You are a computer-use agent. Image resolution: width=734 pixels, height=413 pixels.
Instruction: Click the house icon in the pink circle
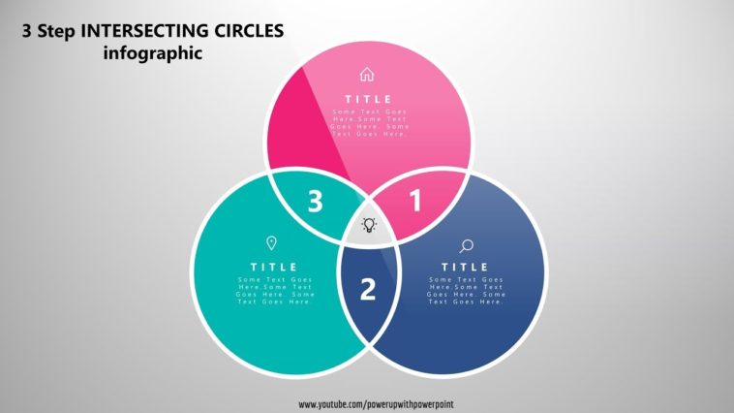(366, 75)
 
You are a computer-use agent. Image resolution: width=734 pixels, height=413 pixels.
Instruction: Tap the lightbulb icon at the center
(369, 225)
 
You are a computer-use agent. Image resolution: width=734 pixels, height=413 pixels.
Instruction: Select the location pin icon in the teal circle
(271, 243)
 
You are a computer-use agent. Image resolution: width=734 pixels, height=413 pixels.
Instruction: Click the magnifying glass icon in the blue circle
(466, 246)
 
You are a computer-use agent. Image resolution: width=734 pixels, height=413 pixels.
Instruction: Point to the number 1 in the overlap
(415, 202)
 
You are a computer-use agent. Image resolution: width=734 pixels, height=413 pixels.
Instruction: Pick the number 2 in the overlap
(368, 289)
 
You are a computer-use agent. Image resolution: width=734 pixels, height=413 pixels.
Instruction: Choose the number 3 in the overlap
(315, 202)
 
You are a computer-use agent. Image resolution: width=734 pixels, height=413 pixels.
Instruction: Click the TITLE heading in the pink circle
(369, 99)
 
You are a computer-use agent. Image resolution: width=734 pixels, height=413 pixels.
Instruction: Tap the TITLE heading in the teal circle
(274, 267)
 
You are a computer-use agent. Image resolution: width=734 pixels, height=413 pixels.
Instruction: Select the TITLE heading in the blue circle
(466, 267)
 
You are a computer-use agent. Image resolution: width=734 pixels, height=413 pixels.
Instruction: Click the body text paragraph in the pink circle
(369, 123)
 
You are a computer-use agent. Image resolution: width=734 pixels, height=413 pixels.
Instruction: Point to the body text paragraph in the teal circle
(275, 291)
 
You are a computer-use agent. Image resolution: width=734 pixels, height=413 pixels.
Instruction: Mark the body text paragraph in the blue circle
(466, 291)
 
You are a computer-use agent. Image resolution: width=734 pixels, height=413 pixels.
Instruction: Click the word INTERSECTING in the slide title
(143, 31)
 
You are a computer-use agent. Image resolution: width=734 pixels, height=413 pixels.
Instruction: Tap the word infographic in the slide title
(153, 53)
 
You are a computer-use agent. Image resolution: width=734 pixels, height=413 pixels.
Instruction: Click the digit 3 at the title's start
(26, 31)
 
